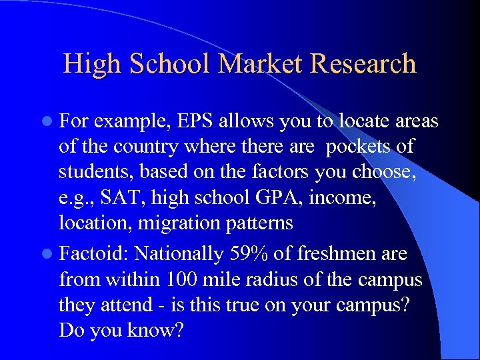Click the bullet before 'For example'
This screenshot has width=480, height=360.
pyautogui.click(x=49, y=121)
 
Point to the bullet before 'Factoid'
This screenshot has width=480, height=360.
pyautogui.click(x=49, y=254)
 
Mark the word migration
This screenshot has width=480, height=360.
pyautogui.click(x=159, y=223)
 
